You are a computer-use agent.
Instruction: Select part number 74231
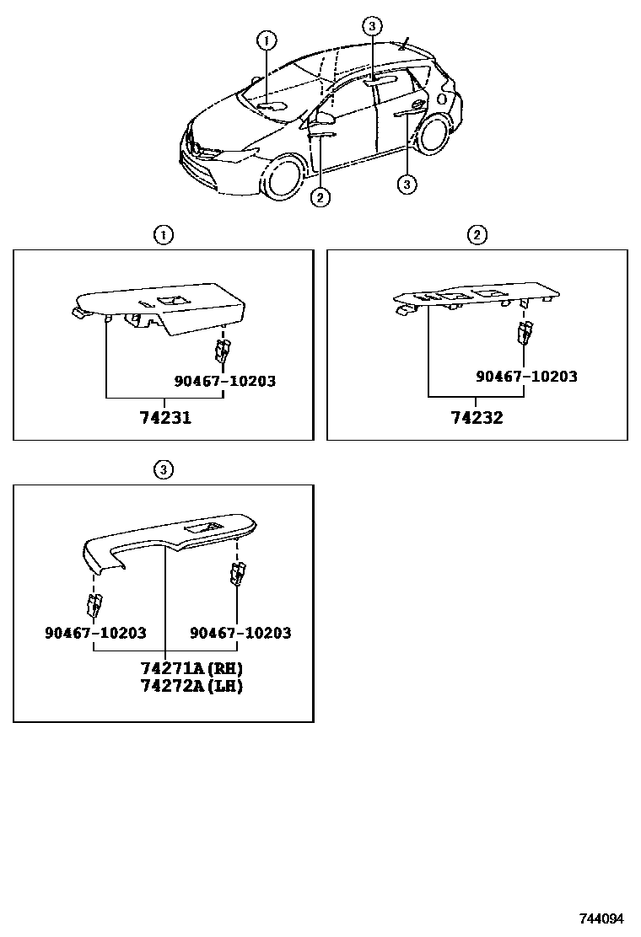(x=166, y=417)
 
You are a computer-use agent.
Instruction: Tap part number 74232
(x=477, y=416)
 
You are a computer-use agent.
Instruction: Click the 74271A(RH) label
(x=192, y=668)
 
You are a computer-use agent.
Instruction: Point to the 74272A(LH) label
(x=191, y=686)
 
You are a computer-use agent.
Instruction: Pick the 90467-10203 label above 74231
(x=225, y=381)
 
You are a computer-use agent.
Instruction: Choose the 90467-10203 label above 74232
(x=526, y=377)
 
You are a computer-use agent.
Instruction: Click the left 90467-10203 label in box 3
(x=95, y=633)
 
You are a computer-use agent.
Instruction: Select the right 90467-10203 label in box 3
(x=240, y=633)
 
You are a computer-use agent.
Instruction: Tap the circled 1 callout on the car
(x=266, y=40)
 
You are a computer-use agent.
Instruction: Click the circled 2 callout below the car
(x=319, y=197)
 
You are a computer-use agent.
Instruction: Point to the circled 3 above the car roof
(x=372, y=26)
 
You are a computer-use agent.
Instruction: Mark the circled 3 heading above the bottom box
(x=163, y=469)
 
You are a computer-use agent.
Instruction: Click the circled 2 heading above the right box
(x=477, y=235)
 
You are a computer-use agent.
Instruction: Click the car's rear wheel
(x=436, y=135)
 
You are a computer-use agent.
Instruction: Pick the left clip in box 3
(x=94, y=604)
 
